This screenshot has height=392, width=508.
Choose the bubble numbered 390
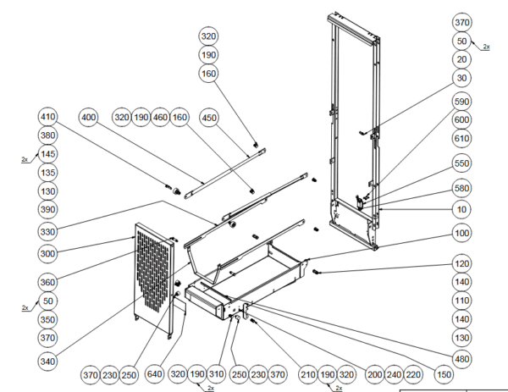[47, 209]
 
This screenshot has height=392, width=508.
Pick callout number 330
[47, 231]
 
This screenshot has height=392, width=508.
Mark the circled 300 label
[47, 252]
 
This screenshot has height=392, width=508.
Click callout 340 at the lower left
[47, 362]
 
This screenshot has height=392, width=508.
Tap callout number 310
[218, 373]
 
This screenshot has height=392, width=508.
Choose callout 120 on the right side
[461, 264]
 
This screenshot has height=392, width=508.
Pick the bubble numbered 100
[461, 232]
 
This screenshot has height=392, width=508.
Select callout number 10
[461, 209]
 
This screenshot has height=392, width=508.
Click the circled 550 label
[461, 163]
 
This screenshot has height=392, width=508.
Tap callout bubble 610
[461, 138]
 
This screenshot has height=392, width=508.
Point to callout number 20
[461, 59]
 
